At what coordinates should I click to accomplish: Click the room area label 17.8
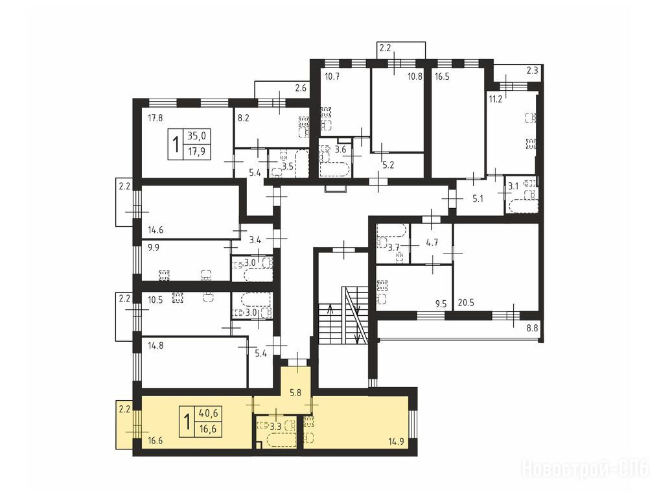click(x=155, y=118)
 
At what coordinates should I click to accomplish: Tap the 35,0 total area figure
click(x=197, y=136)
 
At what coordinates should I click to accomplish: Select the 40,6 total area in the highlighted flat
click(x=208, y=414)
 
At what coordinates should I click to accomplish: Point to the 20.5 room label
click(x=466, y=302)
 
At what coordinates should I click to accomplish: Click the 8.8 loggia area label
click(x=532, y=328)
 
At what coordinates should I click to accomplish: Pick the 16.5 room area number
click(x=442, y=77)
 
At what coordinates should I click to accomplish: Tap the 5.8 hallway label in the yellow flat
click(x=296, y=393)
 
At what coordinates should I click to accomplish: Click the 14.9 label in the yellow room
click(x=397, y=442)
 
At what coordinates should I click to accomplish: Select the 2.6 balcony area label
click(x=301, y=88)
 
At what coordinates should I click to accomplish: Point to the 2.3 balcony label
click(x=532, y=71)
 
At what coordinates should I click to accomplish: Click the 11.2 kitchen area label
click(x=495, y=100)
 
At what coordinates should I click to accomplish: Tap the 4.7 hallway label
click(x=432, y=243)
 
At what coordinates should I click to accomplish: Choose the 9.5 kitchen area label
click(x=441, y=303)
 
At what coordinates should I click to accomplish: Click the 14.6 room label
click(x=156, y=230)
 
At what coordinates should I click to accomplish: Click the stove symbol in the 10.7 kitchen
click(x=326, y=112)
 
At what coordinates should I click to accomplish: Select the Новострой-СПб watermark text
click(x=585, y=468)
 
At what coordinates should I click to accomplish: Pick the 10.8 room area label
click(x=415, y=77)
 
